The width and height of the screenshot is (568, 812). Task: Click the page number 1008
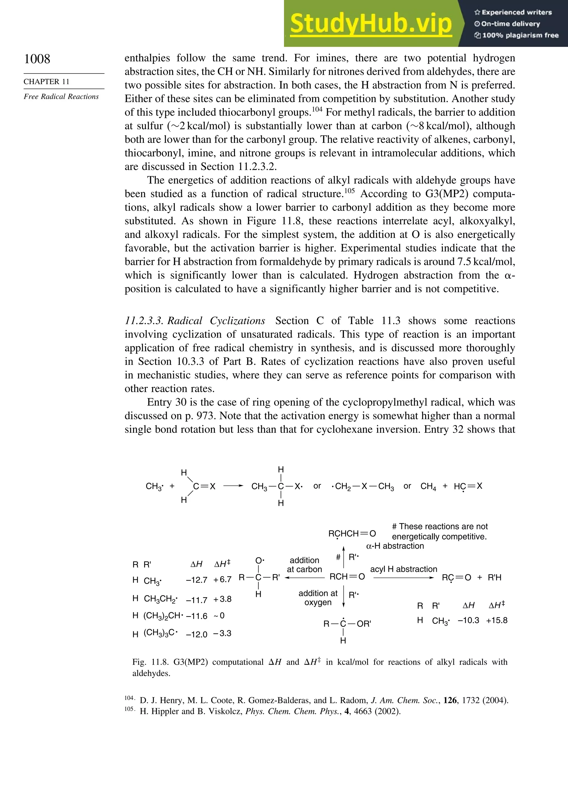coord(37,59)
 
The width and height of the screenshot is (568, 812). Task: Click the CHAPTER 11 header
coord(46,82)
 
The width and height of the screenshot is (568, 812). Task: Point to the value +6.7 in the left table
coord(222,579)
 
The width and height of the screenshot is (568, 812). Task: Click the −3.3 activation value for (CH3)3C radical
coord(222,633)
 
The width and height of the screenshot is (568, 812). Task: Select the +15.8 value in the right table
coord(497,620)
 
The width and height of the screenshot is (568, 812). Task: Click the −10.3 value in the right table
coord(468,620)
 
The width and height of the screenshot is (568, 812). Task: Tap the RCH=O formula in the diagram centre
coord(347,577)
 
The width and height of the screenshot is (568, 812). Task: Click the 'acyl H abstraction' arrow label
coord(403,569)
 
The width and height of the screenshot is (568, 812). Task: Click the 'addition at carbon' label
coord(304,565)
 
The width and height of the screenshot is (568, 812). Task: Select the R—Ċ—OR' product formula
coord(347,624)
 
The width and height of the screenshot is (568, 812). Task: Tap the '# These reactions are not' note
coord(440,526)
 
